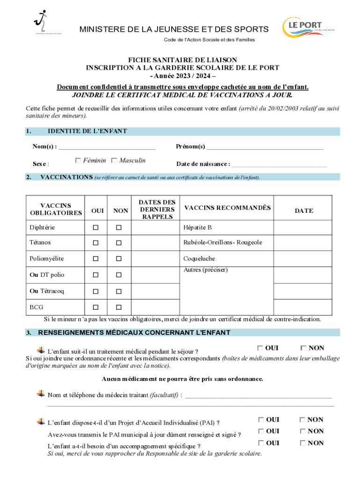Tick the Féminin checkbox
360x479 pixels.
coord(78,161)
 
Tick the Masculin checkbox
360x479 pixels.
coord(115,161)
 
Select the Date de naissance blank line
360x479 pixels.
coord(279,164)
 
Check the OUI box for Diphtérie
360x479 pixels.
coord(96,227)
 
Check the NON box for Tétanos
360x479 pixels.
coord(119,243)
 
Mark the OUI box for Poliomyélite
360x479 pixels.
coord(96,259)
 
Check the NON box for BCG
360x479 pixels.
coord(119,307)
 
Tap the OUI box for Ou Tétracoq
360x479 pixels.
coord(96,291)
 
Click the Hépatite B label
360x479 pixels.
coord(197,227)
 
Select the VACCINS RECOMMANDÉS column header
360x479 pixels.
coord(227,208)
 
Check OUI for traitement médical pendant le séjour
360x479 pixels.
coord(260,348)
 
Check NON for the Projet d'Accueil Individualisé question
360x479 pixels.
coord(303,420)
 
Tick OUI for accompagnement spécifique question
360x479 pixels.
coord(260,443)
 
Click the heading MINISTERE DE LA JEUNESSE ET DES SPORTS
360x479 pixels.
coord(174,29)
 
